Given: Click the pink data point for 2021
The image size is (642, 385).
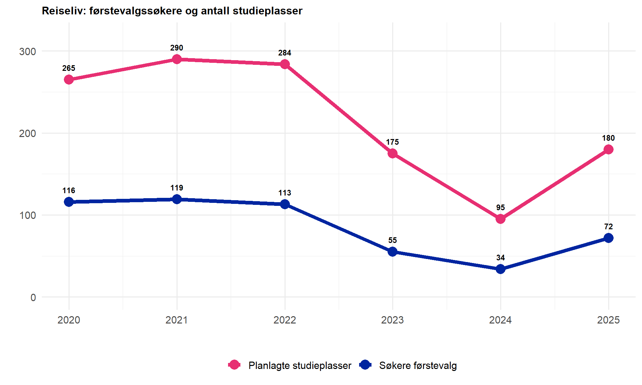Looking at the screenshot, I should click(177, 59).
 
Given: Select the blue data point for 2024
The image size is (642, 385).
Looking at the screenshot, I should click(501, 269).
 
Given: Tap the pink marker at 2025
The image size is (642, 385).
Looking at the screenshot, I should click(609, 149).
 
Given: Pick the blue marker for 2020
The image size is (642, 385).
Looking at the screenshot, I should click(69, 202).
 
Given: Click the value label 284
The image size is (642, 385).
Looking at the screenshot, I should click(285, 53).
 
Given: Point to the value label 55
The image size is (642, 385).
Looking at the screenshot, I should click(393, 240).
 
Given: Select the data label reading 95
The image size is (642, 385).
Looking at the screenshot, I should click(501, 208).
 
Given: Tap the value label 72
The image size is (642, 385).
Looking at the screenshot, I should click(609, 227).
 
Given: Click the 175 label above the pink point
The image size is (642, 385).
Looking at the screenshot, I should click(393, 142).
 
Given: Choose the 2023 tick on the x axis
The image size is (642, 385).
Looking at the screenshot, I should click(393, 320).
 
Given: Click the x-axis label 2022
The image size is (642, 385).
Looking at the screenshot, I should click(285, 320).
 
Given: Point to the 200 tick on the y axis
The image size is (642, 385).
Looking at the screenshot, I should click(27, 133).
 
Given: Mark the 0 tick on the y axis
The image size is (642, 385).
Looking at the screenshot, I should click(33, 297).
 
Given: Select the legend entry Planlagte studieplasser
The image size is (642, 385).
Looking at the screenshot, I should click(300, 365).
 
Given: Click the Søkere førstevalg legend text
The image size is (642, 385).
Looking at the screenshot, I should click(418, 365).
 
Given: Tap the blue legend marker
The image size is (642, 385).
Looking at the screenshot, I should click(365, 365).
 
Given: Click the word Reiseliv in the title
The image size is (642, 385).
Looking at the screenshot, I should click(63, 11).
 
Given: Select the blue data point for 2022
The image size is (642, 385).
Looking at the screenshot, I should click(285, 204).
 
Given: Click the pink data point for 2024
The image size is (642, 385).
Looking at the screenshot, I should click(501, 219).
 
